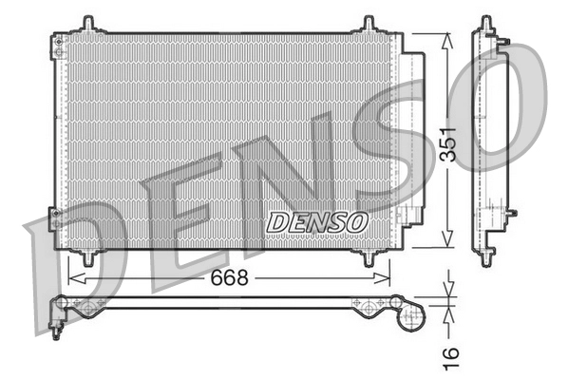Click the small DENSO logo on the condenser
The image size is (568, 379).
(316, 221)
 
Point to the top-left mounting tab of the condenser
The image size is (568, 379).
(86, 23)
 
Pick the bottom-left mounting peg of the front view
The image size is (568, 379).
(87, 257)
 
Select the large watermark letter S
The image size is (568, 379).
(399, 142)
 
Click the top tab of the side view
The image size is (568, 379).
(486, 21)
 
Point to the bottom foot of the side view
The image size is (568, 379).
(486, 253)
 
